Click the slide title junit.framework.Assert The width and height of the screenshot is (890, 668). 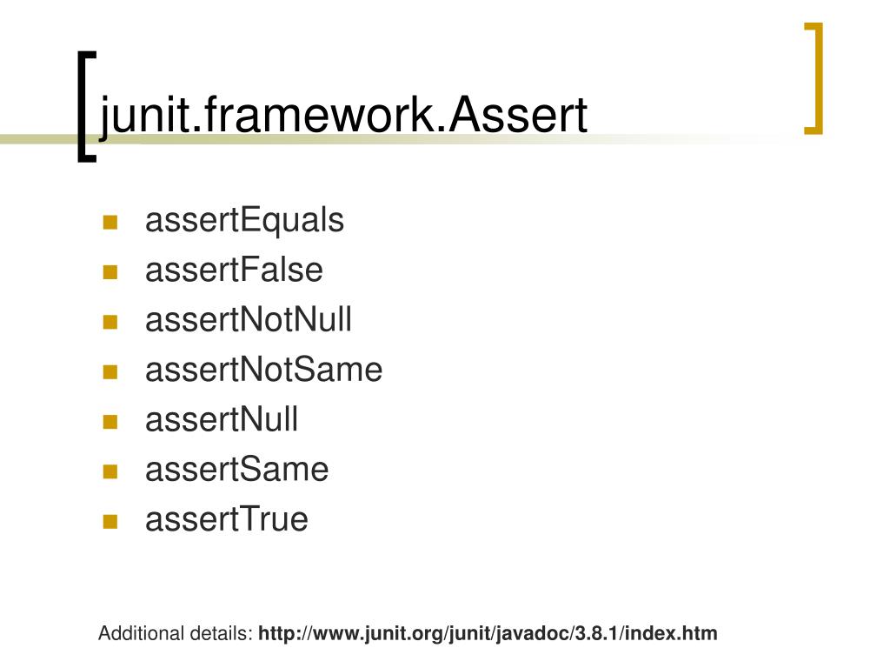pyautogui.click(x=344, y=116)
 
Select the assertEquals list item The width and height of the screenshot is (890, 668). pyautogui.click(x=244, y=221)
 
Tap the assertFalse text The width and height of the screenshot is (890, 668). pyautogui.click(x=234, y=271)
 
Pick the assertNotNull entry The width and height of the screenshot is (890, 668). pyautogui.click(x=249, y=320)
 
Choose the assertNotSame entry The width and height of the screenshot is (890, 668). pyautogui.click(x=263, y=370)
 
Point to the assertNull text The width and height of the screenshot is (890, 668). pyautogui.click(x=222, y=420)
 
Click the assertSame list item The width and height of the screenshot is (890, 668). pyautogui.click(x=236, y=470)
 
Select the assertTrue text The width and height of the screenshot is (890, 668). pyautogui.click(x=226, y=519)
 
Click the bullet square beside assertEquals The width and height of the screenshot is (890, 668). pyautogui.click(x=110, y=223)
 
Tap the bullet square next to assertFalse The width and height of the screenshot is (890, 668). pyautogui.click(x=110, y=272)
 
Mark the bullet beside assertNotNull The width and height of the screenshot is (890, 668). pyautogui.click(x=110, y=322)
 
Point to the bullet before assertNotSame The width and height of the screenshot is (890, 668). pyautogui.click(x=110, y=372)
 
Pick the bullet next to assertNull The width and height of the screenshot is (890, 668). pyautogui.click(x=110, y=422)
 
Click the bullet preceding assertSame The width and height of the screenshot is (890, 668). pyautogui.click(x=110, y=472)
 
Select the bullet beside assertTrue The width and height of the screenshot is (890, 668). pyautogui.click(x=110, y=522)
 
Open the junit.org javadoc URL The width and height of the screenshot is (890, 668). pyautogui.click(x=488, y=633)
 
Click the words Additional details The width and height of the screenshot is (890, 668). pyautogui.click(x=175, y=633)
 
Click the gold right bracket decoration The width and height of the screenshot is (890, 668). pyautogui.click(x=814, y=78)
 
